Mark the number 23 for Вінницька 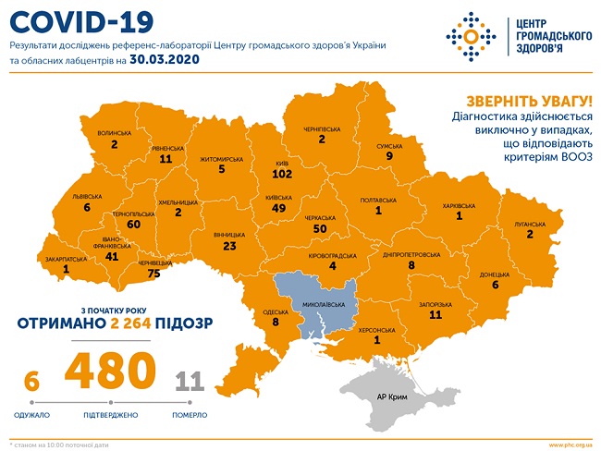pos(230,247)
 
